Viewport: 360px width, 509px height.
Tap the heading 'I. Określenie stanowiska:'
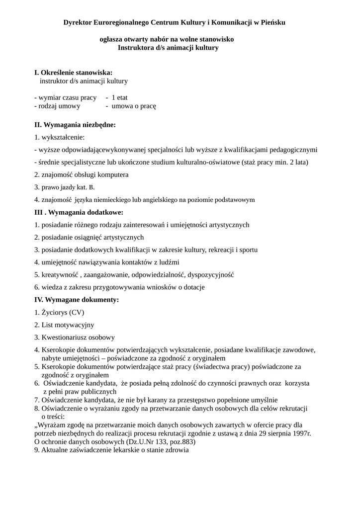[73, 73]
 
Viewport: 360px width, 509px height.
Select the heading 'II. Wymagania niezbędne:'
[75, 125]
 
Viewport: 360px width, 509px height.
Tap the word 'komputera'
[114, 174]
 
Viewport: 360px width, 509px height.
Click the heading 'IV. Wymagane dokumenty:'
[77, 300]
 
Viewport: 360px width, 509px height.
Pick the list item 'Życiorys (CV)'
[63, 313]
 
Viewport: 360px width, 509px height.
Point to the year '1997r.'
[301, 433]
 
